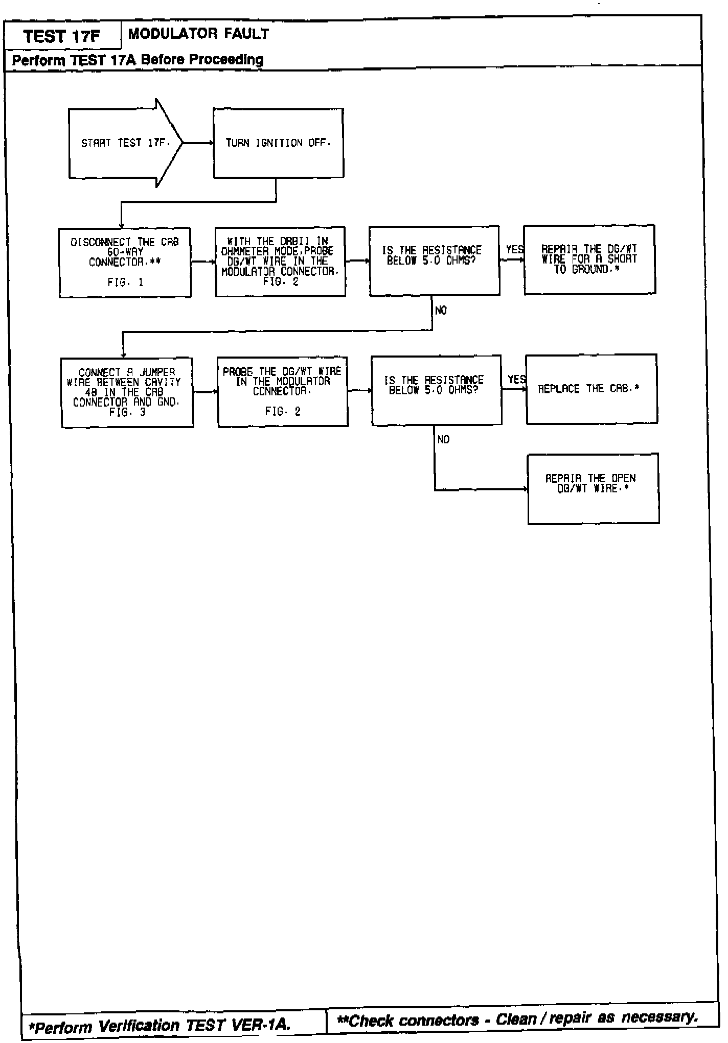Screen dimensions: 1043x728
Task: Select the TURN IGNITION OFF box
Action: coord(278,143)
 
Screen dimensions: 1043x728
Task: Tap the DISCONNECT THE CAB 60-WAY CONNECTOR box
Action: coord(125,262)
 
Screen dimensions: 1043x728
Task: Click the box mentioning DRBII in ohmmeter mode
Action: coord(280,262)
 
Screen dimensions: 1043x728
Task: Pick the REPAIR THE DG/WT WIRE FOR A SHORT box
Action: coord(589,259)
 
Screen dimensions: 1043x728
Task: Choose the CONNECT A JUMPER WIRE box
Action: coord(127,392)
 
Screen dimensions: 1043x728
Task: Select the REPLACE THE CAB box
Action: coord(591,389)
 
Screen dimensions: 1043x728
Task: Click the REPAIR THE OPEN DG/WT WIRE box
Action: coord(593,488)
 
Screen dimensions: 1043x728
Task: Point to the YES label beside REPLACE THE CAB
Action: coord(516,380)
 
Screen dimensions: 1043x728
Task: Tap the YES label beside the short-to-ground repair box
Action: coord(514,250)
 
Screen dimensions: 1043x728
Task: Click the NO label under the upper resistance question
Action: coord(441,311)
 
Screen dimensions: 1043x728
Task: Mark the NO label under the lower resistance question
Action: coord(443,440)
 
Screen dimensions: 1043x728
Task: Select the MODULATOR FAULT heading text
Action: coord(198,34)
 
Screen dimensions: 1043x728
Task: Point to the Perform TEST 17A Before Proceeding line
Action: coord(138,60)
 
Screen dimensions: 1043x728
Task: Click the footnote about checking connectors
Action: coord(517,1020)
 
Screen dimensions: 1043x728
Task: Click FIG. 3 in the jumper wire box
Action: coord(127,412)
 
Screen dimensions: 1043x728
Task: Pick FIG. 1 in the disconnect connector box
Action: coord(125,282)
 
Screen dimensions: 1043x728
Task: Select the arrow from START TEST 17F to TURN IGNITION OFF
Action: coord(198,143)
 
